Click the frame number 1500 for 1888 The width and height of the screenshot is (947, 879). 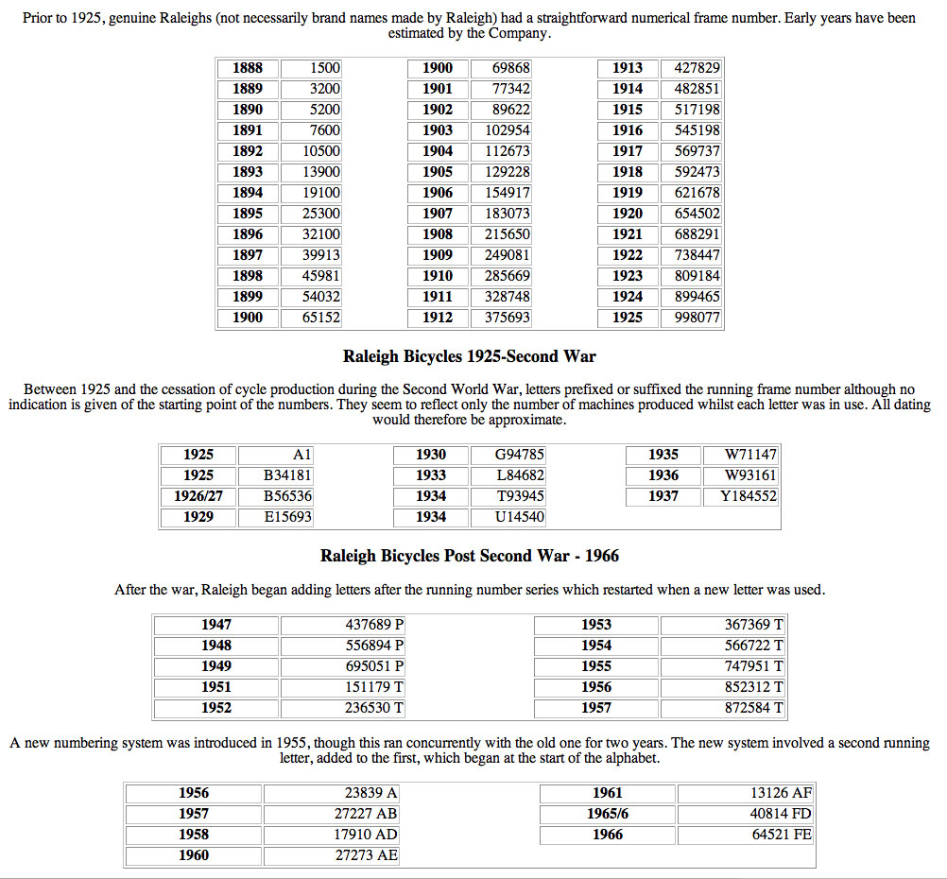pos(324,68)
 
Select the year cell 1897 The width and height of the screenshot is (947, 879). pos(249,255)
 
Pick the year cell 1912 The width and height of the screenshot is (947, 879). pos(438,318)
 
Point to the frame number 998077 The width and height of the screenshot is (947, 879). pos(697,318)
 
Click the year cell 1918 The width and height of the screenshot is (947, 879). pos(628,172)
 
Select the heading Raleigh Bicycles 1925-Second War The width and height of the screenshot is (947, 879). pos(470,356)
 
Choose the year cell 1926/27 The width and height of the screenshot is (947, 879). pos(198,496)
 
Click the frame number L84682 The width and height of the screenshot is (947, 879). pos(520,475)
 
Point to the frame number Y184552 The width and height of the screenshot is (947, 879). pos(748,496)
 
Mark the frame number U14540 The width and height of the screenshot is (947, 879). pos(520,517)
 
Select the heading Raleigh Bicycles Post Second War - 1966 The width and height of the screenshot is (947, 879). pos(470,556)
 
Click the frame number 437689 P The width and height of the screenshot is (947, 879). pos(374,625)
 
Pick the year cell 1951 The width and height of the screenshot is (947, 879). pos(216,687)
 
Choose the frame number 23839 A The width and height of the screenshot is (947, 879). pos(371,793)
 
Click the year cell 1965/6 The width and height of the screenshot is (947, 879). pos(608,814)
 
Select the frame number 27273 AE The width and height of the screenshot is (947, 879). pos(367,855)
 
